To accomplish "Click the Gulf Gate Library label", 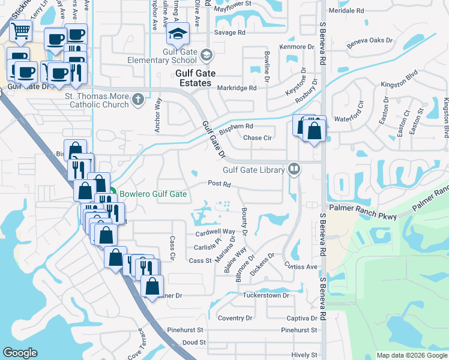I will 253,170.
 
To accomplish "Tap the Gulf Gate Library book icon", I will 294,169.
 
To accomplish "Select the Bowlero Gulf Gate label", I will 152,194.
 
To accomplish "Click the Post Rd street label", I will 219,184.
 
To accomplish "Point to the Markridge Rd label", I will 237,88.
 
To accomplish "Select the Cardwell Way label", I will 214,232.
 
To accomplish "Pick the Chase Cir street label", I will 258,138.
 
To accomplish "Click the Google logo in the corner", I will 20,353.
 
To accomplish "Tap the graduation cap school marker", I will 178,35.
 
